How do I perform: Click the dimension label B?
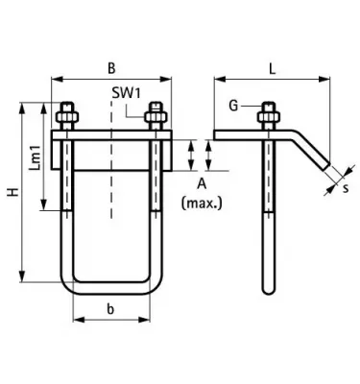111,68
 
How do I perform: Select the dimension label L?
272,69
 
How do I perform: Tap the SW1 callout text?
126,93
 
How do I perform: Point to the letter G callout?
234,106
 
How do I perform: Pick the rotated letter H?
13,192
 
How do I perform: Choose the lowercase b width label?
110,309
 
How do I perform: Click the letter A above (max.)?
202,184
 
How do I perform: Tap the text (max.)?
202,203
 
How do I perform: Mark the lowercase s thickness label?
346,188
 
